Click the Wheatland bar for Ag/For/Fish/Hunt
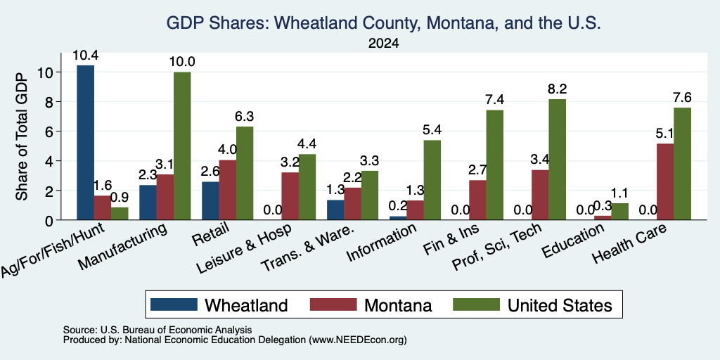85,142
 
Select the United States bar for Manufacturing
182,146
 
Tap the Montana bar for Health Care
665,182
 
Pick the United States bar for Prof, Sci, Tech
558,160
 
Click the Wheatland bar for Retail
210,200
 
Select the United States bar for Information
432,180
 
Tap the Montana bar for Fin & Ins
477,200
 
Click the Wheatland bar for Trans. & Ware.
335,210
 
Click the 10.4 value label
85,56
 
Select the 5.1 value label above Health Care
665,134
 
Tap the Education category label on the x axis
572,242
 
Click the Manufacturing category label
122,247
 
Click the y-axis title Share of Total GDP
22,136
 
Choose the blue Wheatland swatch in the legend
174,304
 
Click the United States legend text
560,305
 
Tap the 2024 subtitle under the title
383,44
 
